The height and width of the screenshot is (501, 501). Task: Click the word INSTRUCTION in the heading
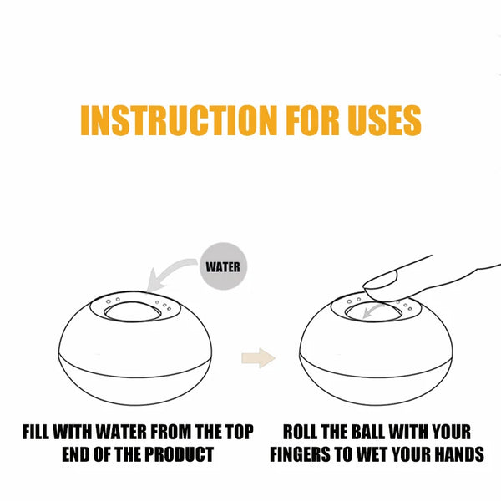tap(179, 120)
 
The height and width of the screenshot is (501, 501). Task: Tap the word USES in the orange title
tap(384, 120)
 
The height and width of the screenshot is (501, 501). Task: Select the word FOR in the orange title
tap(312, 120)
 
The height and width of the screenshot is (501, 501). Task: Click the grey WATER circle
tap(223, 266)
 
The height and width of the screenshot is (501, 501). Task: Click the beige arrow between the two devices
tap(258, 358)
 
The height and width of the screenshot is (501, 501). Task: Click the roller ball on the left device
tap(133, 311)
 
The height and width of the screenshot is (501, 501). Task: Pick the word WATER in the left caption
tap(122, 432)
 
